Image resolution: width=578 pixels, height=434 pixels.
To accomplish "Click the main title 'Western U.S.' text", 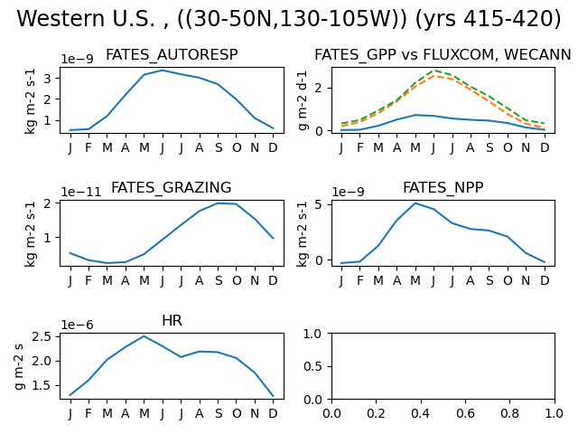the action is point(86,18).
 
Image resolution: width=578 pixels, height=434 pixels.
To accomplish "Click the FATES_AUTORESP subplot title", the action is point(172,54).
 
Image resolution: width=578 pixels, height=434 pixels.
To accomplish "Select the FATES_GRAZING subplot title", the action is point(172,187).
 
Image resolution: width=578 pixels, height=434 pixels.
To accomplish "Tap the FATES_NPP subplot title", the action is point(443,187).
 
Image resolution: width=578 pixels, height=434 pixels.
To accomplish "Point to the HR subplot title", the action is point(172,320).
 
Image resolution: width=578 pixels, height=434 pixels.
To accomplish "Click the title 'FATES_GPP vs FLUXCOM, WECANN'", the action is point(443,54).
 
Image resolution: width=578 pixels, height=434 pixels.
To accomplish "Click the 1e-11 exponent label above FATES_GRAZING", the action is point(80,192).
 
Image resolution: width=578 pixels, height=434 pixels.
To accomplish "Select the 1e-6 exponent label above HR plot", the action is point(77,325).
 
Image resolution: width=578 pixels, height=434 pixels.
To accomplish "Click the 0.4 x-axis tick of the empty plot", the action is point(421,413).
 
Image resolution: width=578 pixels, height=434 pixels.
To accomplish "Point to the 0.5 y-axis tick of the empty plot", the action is point(313,366).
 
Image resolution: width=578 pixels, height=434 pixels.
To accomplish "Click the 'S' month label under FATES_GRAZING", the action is point(219,280).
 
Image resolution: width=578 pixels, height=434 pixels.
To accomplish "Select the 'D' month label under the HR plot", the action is point(273,413).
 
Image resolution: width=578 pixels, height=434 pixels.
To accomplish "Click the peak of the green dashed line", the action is point(434,71).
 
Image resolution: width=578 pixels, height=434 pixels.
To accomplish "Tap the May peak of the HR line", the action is point(144,336).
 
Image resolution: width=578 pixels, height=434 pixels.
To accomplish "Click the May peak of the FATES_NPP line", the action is point(415,203).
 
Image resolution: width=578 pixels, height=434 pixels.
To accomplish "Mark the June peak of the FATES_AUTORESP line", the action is point(163,71).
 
